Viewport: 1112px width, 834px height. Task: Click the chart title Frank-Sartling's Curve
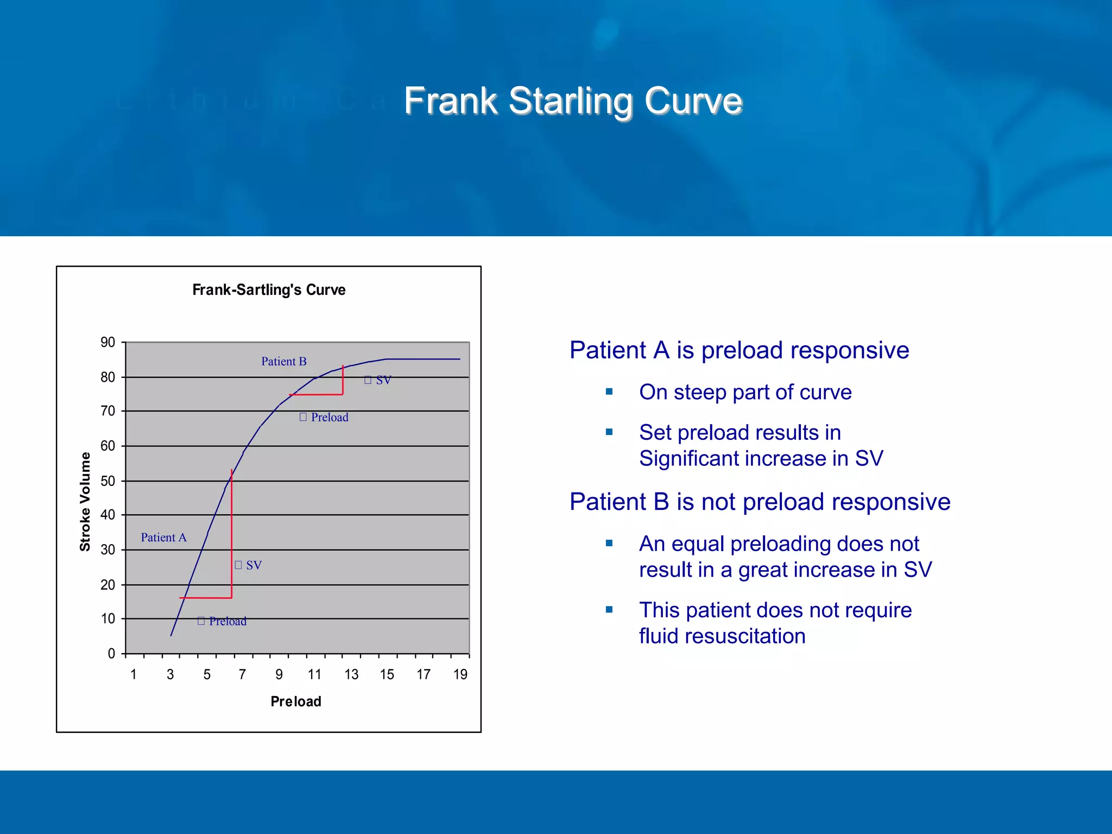269,289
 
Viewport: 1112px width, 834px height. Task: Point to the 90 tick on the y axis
108,342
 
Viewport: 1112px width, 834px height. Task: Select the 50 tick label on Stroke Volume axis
108,481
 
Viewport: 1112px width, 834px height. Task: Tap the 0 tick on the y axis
111,653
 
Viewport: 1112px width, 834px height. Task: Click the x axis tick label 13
351,674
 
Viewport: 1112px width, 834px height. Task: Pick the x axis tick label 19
460,674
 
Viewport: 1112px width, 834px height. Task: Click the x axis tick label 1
134,674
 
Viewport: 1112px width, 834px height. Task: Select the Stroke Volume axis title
85,501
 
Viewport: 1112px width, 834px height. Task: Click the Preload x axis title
296,702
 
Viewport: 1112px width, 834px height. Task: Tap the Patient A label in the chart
163,537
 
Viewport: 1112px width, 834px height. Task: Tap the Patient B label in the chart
283,361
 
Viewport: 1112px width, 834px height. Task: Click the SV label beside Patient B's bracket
383,380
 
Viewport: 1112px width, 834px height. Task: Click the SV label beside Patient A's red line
254,565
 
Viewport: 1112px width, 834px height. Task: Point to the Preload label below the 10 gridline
228,621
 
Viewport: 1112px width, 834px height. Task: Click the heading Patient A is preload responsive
739,350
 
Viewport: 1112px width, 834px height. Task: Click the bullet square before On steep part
609,391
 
